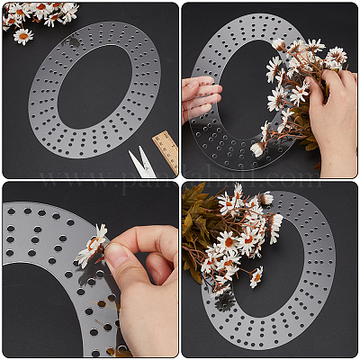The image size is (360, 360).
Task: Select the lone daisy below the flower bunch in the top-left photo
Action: pos(23,36)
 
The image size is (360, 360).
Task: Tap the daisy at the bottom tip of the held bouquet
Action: pos(258,149)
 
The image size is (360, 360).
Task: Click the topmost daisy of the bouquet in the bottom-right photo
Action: pos(237,192)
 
